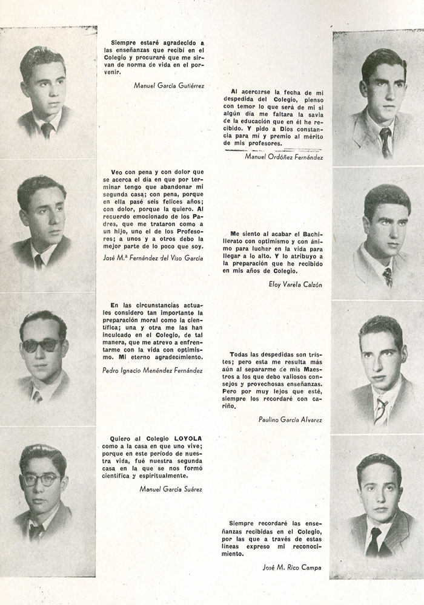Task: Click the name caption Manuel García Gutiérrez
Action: tap(169, 85)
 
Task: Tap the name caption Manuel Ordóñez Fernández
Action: tap(284, 157)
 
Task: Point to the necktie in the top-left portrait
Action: tap(46, 129)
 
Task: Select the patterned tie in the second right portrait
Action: tap(387, 277)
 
